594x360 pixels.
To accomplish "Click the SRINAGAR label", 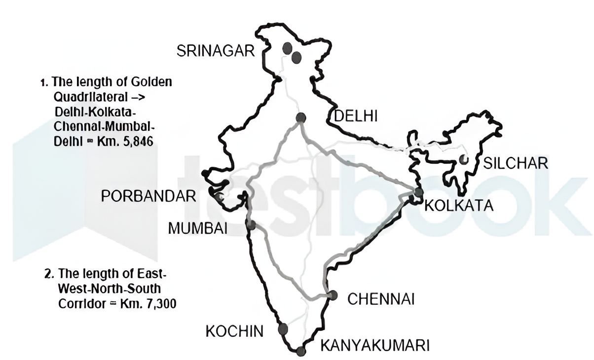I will point(216,51).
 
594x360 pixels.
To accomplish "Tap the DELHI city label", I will point(356,116).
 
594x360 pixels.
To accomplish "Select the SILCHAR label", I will point(516,163).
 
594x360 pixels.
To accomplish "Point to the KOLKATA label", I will point(459,205).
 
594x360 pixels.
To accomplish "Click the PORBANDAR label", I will point(148,196).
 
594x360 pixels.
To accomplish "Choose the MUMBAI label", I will point(197,228).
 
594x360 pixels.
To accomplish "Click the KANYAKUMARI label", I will point(375,345).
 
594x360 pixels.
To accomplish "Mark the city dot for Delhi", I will point(300,117).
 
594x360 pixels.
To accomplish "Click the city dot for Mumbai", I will point(251,225).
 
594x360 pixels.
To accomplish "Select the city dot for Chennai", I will point(333,295).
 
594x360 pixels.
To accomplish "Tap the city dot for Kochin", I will point(283,329).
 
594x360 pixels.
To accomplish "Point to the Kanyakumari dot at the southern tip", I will point(301,351).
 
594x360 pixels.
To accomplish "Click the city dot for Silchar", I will point(463,159).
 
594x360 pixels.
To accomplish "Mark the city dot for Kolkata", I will point(419,192).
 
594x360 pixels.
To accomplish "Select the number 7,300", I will point(158,304).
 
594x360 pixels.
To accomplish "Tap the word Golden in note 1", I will point(151,82).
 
